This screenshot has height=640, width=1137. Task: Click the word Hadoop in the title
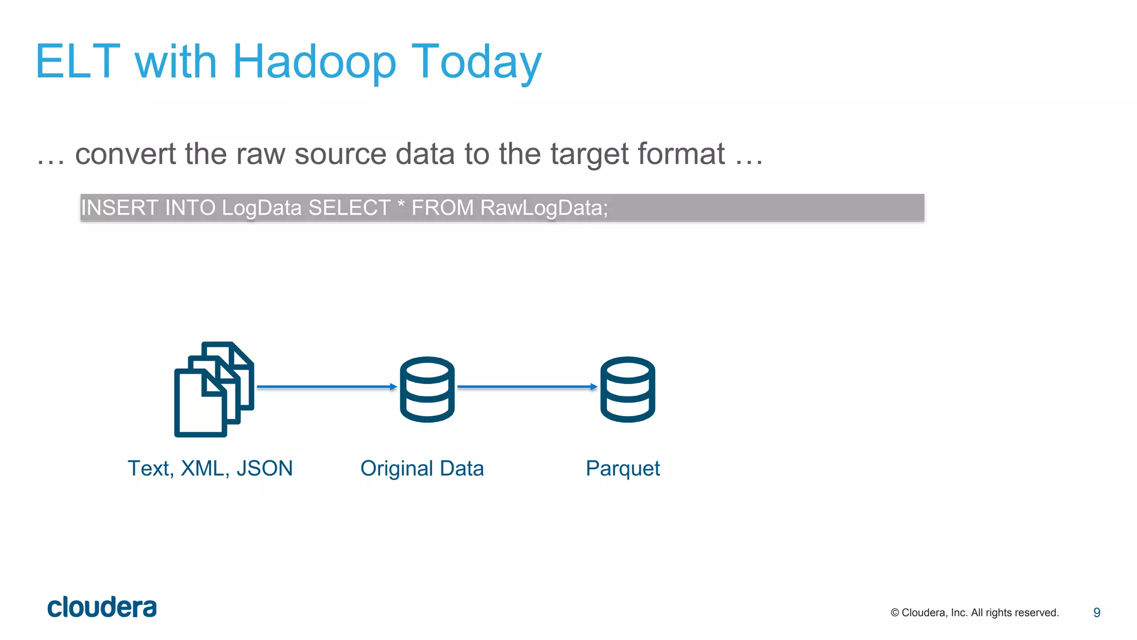pos(314,62)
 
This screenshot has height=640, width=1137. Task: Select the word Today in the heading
pos(476,62)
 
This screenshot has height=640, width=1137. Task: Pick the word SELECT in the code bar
pos(349,208)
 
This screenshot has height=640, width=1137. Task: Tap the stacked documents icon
pos(214,389)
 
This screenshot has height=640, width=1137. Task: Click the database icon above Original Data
pos(427,389)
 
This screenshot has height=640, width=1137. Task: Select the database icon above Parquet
pos(627,389)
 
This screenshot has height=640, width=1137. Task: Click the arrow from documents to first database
pos(327,387)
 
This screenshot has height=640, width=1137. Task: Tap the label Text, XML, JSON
pos(210,468)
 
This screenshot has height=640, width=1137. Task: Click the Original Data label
pos(422,468)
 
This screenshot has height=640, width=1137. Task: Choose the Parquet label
pos(622,469)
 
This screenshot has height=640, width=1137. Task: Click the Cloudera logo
pos(102,607)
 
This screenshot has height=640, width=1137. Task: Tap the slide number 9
pos(1096,612)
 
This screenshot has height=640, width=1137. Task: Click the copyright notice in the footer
pos(974,613)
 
